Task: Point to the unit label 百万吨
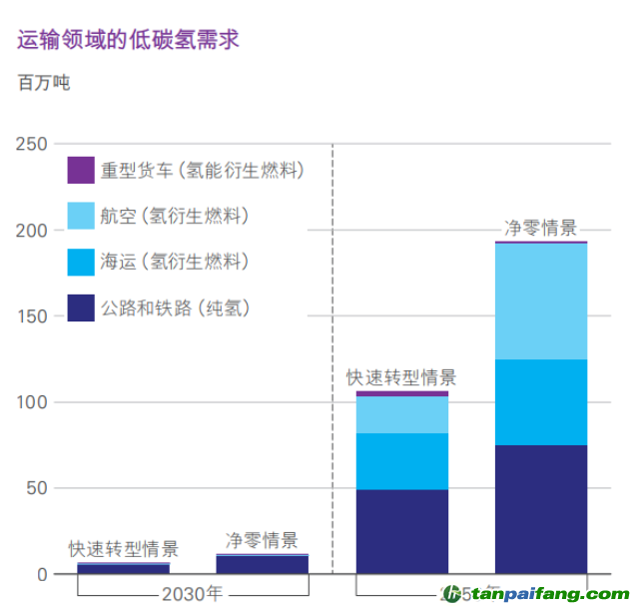coord(44,83)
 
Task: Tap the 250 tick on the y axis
coord(32,145)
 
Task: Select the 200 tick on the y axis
coord(32,231)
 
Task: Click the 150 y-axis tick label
coord(32,316)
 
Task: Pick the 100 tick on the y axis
coord(32,402)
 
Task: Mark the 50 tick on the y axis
coord(36,488)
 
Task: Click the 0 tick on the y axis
coord(42,574)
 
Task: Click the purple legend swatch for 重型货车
coord(81,170)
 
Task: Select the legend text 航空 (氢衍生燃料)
coord(175,216)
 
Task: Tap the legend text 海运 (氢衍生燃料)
coord(175,262)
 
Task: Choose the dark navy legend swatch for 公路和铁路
coord(81,307)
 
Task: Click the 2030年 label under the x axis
coord(192,593)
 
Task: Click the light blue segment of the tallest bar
coord(541,301)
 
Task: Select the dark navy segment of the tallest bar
coord(541,509)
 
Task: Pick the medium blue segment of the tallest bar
coord(541,402)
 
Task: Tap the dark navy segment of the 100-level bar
coord(402,531)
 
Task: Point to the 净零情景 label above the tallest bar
coord(541,228)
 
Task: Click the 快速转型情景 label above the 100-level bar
coord(401,377)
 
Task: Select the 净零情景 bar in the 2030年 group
coord(263,564)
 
